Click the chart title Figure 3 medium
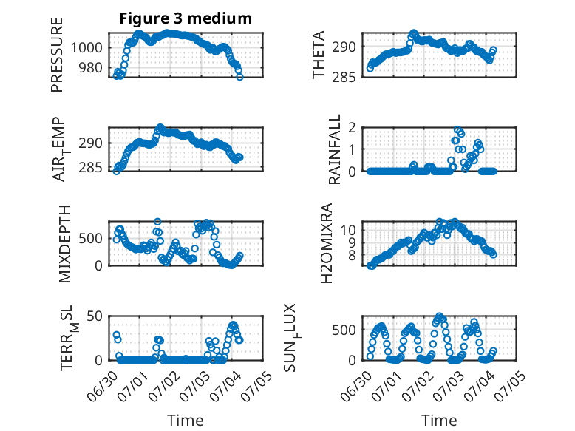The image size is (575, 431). (x=186, y=18)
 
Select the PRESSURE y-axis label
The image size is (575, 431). (x=57, y=55)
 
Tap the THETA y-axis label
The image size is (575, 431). (x=319, y=54)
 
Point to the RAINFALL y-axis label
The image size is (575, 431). (x=335, y=149)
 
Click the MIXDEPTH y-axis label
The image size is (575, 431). (x=64, y=243)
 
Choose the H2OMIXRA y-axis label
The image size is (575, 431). (x=326, y=243)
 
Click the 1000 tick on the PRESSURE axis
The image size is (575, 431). (x=86, y=47)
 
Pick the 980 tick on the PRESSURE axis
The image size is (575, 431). (x=90, y=67)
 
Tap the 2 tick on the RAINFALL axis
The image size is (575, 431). (x=352, y=128)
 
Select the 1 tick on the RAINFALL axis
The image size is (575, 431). (x=352, y=149)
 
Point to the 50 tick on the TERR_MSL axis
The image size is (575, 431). (x=95, y=316)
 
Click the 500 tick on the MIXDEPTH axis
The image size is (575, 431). (x=91, y=239)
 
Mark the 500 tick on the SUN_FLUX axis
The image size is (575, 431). (x=344, y=330)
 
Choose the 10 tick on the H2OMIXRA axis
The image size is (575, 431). (x=348, y=230)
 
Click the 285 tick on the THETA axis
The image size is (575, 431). (x=344, y=78)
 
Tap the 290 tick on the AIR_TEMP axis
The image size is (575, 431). (x=91, y=143)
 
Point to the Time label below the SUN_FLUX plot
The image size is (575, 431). (x=439, y=421)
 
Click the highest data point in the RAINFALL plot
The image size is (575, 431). (x=457, y=129)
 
